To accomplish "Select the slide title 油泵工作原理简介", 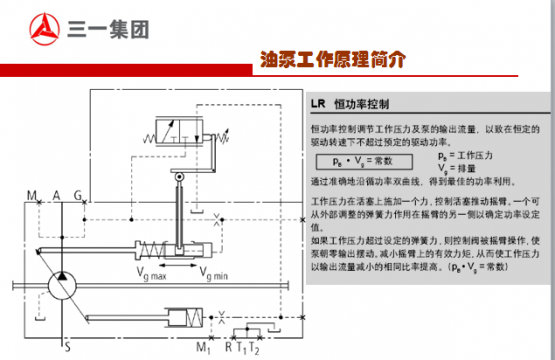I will (x=333, y=59).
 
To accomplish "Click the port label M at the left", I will (x=32, y=194).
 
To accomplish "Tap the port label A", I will (x=57, y=194).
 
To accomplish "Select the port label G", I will (x=78, y=194).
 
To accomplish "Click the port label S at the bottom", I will (x=68, y=347).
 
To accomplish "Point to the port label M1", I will (x=203, y=347).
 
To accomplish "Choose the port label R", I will (x=229, y=347).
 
